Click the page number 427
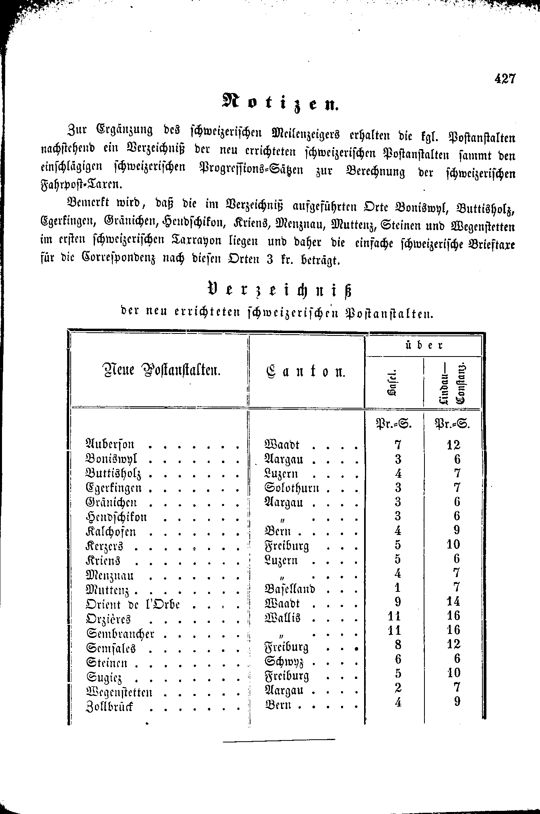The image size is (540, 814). click(x=504, y=79)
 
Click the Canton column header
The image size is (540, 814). click(x=305, y=372)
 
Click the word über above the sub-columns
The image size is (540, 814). click(x=423, y=345)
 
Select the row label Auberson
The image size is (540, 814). click(x=110, y=444)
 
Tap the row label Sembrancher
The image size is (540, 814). click(x=120, y=633)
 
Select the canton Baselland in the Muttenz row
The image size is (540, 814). click(x=289, y=589)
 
